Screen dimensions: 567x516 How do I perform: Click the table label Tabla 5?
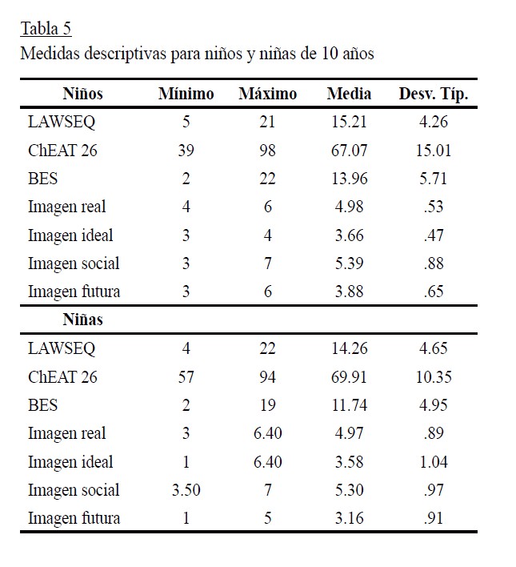[x=46, y=29]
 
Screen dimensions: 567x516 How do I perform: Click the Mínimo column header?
[x=186, y=94]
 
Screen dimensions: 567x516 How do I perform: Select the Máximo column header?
[x=267, y=94]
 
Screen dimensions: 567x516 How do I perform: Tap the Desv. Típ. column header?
[x=433, y=94]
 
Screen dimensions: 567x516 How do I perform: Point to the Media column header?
[x=349, y=94]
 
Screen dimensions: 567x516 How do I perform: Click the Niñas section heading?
[x=83, y=320]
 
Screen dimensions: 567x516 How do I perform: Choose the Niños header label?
[x=82, y=94]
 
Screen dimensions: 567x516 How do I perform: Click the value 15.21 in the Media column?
[x=350, y=123]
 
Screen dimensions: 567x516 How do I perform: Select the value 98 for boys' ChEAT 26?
[x=267, y=151]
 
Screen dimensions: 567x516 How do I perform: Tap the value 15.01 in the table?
[x=433, y=151]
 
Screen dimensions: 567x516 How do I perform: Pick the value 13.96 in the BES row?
[x=350, y=179]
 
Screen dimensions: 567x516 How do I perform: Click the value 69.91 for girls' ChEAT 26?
[x=350, y=376]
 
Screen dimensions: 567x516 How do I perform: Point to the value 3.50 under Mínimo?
[x=186, y=490]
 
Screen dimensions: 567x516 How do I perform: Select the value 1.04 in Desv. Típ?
[x=433, y=462]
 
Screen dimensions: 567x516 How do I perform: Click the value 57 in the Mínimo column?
[x=186, y=376]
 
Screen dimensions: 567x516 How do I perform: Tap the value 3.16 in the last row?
[x=350, y=518]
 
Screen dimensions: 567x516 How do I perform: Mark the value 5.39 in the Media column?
[x=350, y=263]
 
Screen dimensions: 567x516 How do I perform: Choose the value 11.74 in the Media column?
[x=350, y=405]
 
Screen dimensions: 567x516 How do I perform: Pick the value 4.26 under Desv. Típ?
[x=433, y=123]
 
